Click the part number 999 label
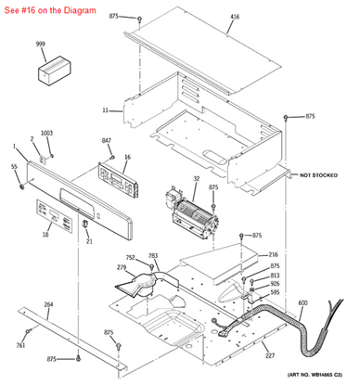coord(40,45)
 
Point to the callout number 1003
coord(46,134)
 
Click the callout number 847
coord(107,140)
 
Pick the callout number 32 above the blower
coord(197,178)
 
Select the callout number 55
coord(14,166)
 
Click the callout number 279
coord(121,268)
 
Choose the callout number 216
coord(274,254)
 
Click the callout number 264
coord(48,305)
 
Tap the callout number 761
coord(20,345)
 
